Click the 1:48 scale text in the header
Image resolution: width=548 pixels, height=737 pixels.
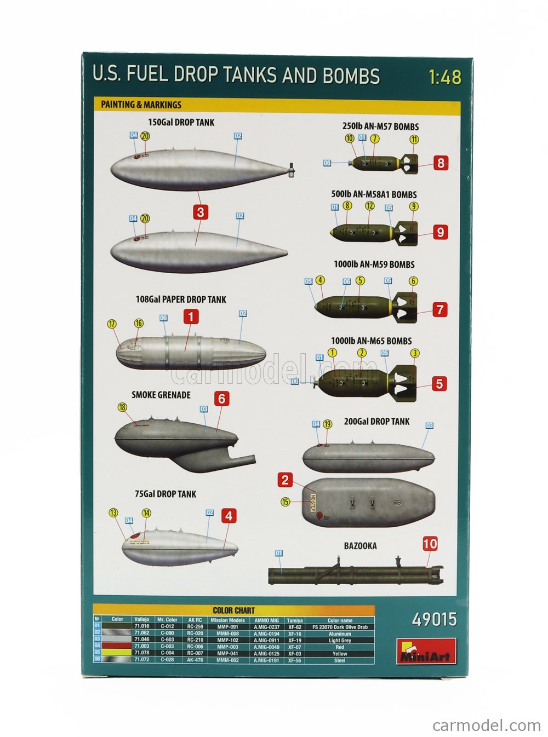tap(446, 77)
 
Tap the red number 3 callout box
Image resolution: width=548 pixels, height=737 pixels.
tap(201, 212)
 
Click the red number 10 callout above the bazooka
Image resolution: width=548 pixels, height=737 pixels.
tap(430, 544)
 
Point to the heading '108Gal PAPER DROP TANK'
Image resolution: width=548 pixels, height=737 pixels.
tap(181, 300)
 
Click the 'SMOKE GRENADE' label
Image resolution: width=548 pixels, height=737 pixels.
tap(161, 395)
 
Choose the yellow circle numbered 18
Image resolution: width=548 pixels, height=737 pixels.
tap(122, 407)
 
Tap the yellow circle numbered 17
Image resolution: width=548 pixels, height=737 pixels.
tap(112, 324)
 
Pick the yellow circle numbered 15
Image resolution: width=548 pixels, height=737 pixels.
tap(285, 501)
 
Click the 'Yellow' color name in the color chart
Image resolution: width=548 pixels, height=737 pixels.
tap(340, 654)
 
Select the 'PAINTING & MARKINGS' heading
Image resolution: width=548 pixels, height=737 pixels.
tap(141, 105)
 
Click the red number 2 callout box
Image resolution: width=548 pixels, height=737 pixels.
tap(285, 480)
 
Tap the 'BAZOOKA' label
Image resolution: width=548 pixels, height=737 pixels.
tap(360, 546)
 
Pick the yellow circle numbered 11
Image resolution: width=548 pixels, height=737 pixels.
tap(414, 140)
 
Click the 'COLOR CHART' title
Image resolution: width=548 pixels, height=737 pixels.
tap(233, 610)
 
